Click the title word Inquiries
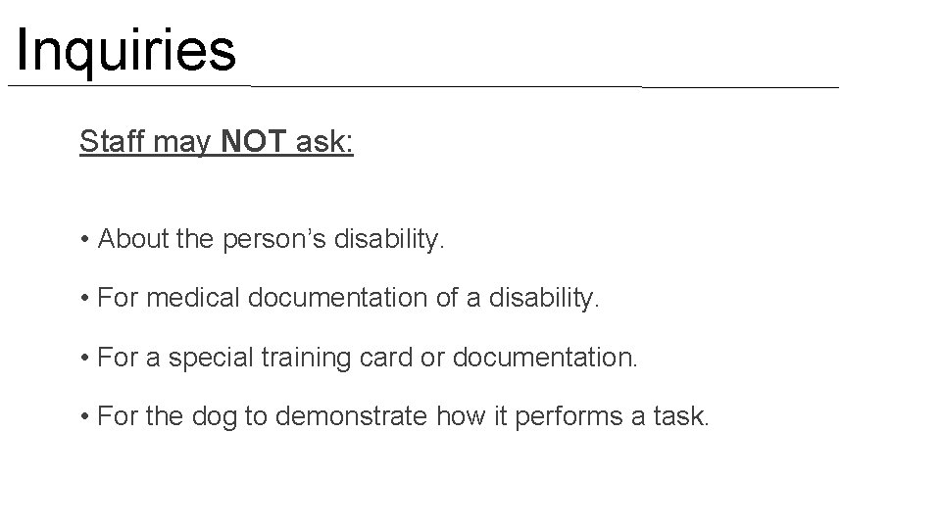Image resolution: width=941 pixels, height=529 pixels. (x=126, y=51)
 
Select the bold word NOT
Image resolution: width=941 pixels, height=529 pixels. (x=254, y=143)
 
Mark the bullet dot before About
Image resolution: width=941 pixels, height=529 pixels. (x=87, y=240)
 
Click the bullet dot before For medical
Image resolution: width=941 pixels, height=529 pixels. (x=87, y=298)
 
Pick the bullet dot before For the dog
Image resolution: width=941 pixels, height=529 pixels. (x=87, y=416)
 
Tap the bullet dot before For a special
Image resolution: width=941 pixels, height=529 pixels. (x=87, y=358)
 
